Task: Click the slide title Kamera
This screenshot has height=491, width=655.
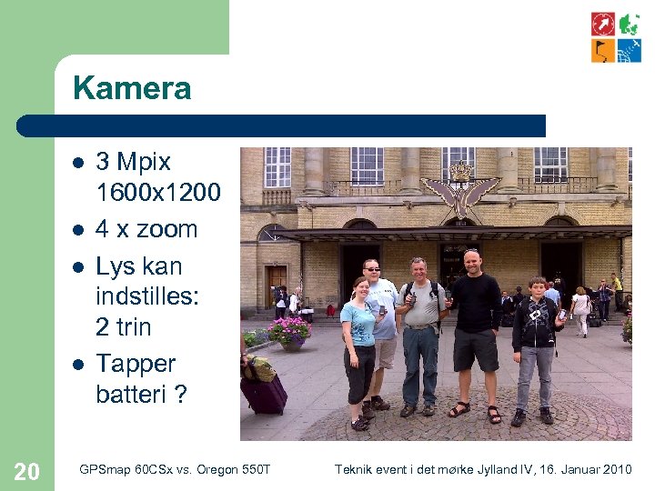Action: pos(132,89)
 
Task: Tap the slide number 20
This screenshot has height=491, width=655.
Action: pos(27,470)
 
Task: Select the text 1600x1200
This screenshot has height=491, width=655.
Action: pos(158,192)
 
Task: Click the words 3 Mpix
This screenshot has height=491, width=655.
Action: pos(134,162)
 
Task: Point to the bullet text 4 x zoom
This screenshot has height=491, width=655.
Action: pos(146,229)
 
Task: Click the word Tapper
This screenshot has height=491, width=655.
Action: pos(136,364)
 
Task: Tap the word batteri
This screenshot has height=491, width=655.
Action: pos(127,394)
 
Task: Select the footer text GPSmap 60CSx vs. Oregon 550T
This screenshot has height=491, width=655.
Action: pos(175,469)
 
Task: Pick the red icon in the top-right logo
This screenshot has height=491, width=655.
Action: pos(602,24)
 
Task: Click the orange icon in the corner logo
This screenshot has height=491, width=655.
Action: pos(602,50)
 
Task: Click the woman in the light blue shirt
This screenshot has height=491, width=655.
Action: pos(359,350)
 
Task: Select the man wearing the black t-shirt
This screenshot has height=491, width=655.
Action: pos(475,332)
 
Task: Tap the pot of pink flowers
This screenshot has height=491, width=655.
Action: pos(290,331)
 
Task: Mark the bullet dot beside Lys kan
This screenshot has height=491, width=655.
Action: pos(78,266)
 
